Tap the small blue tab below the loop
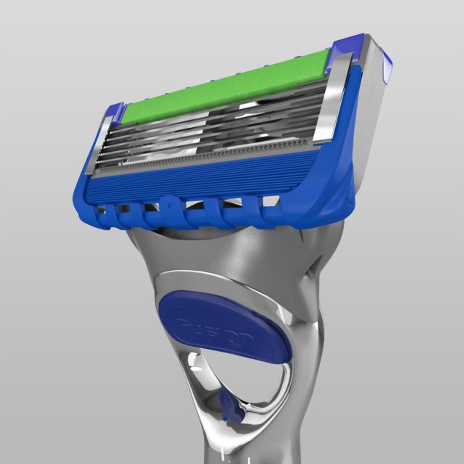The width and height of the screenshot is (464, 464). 230,408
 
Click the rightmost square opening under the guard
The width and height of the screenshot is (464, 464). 271,200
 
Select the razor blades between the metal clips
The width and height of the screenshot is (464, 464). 211,129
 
